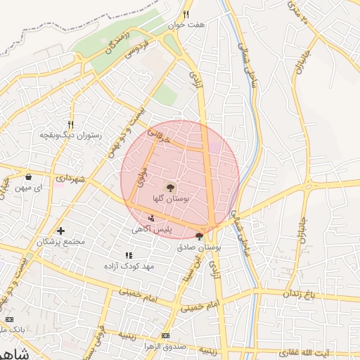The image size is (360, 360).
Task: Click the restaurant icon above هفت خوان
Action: (x=186, y=14)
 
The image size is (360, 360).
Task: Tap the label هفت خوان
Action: (x=186, y=24)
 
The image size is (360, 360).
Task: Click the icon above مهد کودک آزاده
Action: (x=128, y=255)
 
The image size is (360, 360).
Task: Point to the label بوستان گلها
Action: (x=169, y=199)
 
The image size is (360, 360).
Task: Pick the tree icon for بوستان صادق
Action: (x=199, y=236)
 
